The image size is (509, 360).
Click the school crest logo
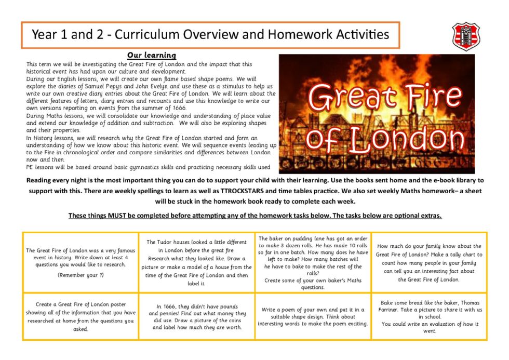coord(466,36)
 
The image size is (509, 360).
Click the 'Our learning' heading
coord(152,56)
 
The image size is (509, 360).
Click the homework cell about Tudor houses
coord(197,262)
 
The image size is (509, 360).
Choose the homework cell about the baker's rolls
coord(313,262)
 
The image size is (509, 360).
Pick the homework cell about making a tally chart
coord(429,262)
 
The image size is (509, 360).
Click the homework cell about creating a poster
coord(81,316)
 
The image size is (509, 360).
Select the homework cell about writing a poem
coord(313,316)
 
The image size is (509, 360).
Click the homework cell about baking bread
coord(429,316)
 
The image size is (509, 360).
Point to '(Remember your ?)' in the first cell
coord(81,275)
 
